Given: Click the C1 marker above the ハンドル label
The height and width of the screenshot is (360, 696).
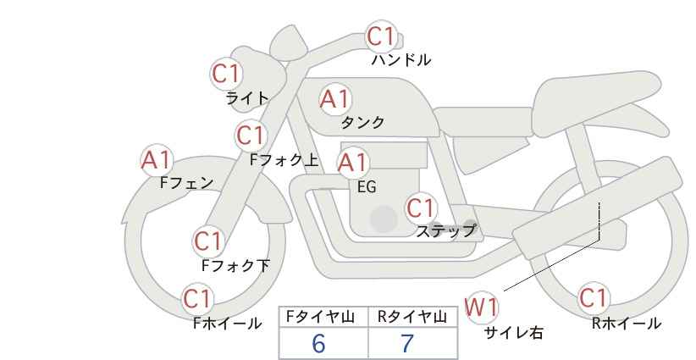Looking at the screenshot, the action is click(x=382, y=36).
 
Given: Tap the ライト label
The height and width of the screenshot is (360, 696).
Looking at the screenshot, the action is click(x=247, y=98).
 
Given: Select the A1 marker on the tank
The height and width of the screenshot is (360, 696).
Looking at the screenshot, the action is click(x=335, y=99).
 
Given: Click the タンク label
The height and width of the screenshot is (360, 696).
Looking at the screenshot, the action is click(x=362, y=122).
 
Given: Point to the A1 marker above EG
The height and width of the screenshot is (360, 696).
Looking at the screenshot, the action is click(x=352, y=163).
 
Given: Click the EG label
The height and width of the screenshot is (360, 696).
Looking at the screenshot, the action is click(x=367, y=187).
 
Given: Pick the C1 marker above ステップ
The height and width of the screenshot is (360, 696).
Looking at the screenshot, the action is click(x=421, y=208).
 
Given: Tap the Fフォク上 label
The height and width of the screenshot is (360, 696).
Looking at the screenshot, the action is click(x=284, y=160).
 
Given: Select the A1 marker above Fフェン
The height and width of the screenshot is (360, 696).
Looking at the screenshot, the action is click(x=157, y=160).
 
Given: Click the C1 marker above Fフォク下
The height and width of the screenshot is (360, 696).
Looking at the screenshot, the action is click(x=208, y=241).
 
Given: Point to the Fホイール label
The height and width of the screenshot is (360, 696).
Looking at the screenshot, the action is click(x=227, y=324).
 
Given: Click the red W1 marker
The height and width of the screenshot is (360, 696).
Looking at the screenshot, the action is click(x=481, y=307).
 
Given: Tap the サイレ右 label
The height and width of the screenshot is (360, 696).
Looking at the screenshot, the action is click(x=513, y=333).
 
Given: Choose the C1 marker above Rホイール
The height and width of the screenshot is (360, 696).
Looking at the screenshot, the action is click(x=594, y=297).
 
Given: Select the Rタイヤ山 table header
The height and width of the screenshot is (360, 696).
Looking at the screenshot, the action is click(x=412, y=317).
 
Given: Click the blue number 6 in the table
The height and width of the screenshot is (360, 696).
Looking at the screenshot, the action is click(x=318, y=343).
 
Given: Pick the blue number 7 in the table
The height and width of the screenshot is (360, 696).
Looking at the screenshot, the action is click(x=407, y=343).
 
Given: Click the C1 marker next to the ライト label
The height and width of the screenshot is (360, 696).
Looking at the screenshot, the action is click(x=227, y=74).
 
